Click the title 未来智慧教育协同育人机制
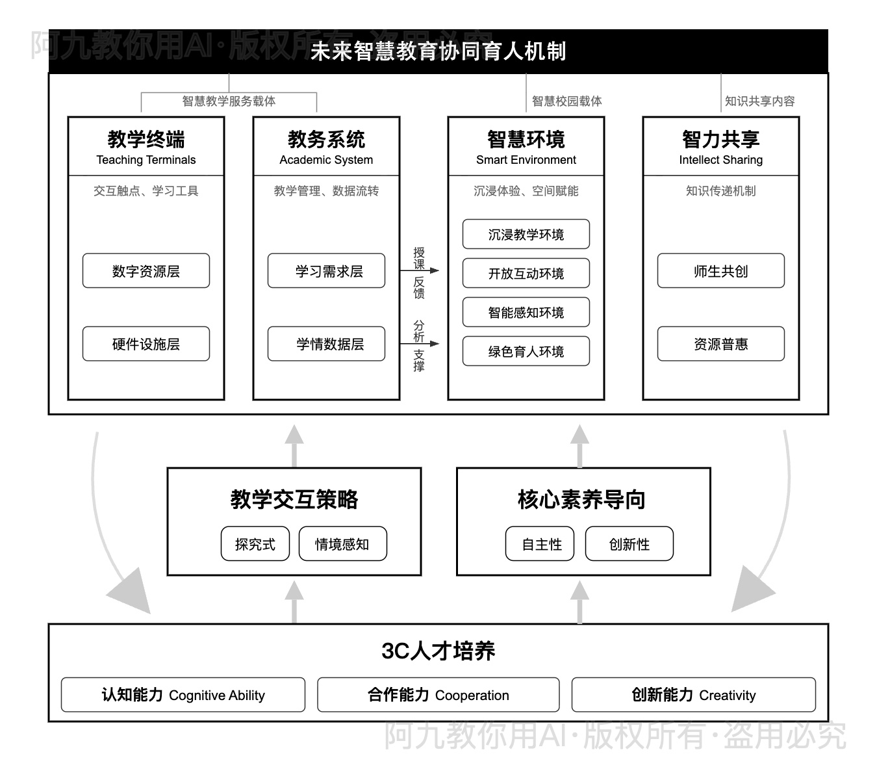click(438, 51)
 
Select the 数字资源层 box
click(146, 271)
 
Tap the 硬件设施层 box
click(146, 344)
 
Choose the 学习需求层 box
click(326, 271)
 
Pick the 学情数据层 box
click(326, 344)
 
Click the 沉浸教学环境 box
click(526, 235)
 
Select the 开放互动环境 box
click(526, 274)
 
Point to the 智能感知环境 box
click(526, 313)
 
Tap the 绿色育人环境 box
click(526, 352)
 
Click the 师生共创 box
click(720, 271)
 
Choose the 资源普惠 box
click(720, 344)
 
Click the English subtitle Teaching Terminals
click(146, 160)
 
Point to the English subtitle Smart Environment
click(526, 160)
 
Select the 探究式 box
click(255, 544)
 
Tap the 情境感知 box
click(342, 544)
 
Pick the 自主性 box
click(540, 544)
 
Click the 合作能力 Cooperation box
click(438, 695)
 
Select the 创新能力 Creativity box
click(693, 695)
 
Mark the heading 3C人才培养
click(438, 651)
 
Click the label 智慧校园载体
click(566, 101)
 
